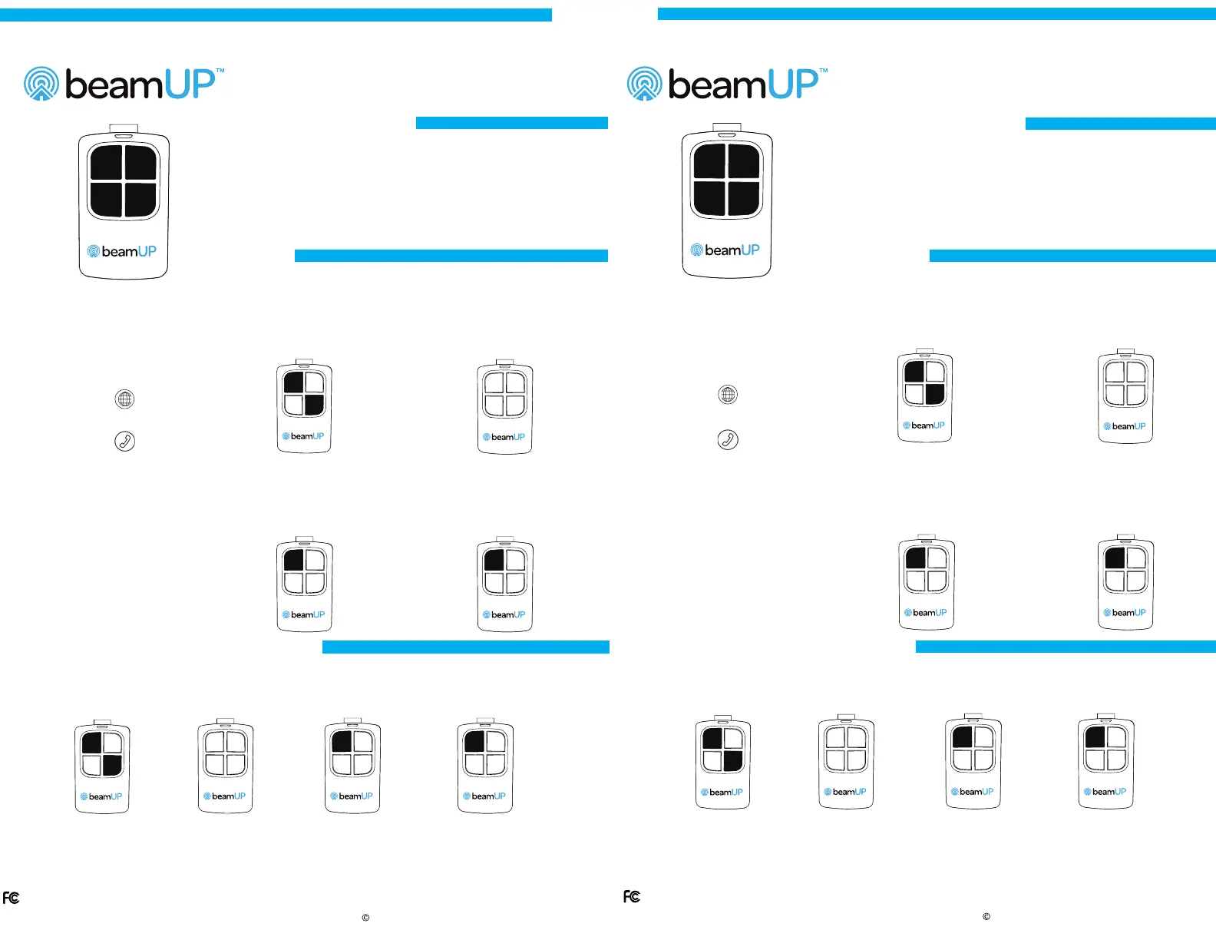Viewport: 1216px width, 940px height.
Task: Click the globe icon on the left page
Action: [x=124, y=399]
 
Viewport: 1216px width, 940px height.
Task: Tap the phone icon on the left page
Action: [x=124, y=441]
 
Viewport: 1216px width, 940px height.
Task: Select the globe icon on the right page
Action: [x=728, y=395]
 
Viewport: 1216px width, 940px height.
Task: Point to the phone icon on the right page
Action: [x=728, y=439]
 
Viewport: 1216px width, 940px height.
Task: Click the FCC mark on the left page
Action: [x=11, y=898]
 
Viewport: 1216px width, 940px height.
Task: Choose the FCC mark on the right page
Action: [x=632, y=896]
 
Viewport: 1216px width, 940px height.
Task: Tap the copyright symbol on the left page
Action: [x=365, y=918]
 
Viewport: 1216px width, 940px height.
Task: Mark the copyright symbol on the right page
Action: [x=986, y=916]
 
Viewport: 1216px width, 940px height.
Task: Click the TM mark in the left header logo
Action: [x=220, y=71]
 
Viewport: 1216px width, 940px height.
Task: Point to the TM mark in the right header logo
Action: [x=824, y=71]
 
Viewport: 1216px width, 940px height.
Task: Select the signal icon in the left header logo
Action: [x=41, y=84]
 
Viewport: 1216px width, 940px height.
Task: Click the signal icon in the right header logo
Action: [x=644, y=84]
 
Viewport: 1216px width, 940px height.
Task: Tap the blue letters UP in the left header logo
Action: [x=190, y=84]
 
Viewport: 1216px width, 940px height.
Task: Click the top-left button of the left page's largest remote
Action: [x=106, y=163]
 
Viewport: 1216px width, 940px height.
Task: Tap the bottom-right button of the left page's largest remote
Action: [x=141, y=199]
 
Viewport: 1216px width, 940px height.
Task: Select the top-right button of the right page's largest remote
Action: [x=745, y=161]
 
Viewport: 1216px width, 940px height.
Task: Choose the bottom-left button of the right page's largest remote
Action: [x=709, y=197]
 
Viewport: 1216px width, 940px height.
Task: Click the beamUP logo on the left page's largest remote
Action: [x=122, y=252]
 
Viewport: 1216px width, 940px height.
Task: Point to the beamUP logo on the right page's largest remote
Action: [x=725, y=250]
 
